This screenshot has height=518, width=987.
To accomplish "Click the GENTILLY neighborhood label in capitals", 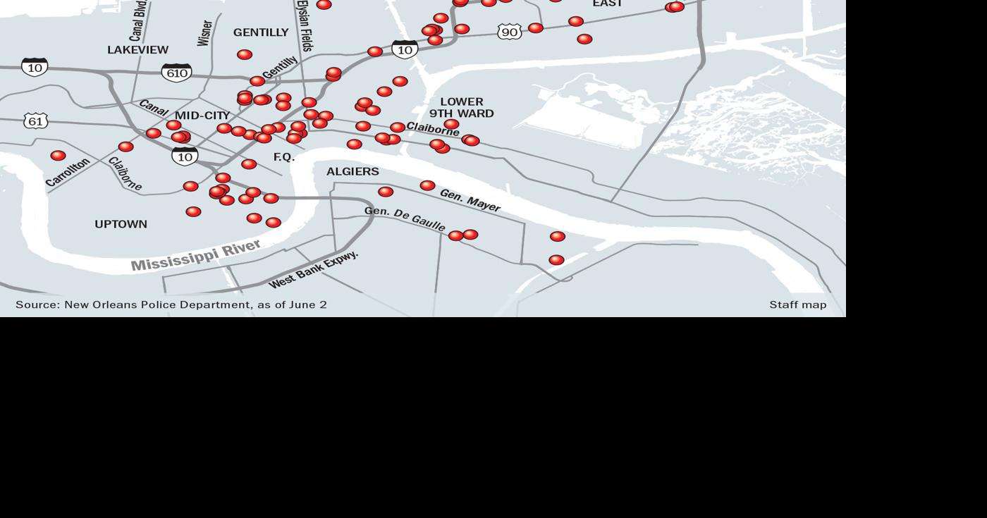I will tap(261, 32).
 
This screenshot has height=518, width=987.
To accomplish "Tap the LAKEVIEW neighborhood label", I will tap(137, 50).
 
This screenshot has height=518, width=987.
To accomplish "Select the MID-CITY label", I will tap(202, 116).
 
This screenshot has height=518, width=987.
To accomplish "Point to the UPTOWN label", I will tap(121, 224).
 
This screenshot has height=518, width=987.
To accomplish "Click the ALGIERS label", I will tap(352, 171).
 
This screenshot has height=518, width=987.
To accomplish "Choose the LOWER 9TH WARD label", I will tap(462, 107).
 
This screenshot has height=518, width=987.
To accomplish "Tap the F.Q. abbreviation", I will tap(284, 157).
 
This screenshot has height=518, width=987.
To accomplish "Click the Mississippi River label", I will tap(196, 255).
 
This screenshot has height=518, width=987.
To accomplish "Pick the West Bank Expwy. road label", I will tap(314, 269).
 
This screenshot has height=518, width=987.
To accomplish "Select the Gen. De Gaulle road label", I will tap(405, 219).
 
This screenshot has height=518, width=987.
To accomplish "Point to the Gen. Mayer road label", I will tap(470, 200).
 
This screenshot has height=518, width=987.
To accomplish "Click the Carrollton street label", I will tap(68, 172).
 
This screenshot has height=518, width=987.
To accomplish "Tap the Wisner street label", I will tap(204, 33).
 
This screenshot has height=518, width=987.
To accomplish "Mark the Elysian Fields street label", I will tap(305, 25).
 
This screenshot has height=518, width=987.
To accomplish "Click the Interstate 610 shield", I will tap(176, 73).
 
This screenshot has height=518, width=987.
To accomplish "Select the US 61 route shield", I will tap(36, 121).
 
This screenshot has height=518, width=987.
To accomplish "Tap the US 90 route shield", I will tap(509, 32).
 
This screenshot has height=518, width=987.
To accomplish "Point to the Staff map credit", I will tap(797, 304).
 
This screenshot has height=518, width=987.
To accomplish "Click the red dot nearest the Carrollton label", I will tap(58, 155).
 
